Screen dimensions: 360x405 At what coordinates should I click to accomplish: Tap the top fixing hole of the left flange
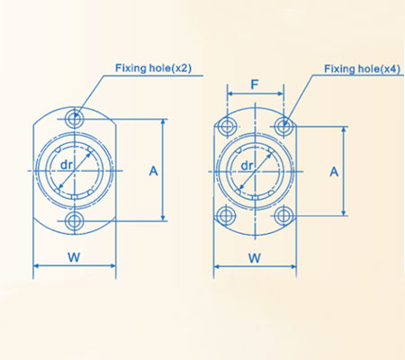(x=74, y=118)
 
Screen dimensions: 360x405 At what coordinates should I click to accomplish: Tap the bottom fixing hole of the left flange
(x=74, y=220)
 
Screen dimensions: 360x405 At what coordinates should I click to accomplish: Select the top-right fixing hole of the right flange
(x=283, y=124)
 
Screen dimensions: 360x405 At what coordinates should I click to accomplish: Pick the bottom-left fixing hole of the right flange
(x=226, y=214)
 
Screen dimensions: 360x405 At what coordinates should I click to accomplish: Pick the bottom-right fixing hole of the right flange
(x=283, y=214)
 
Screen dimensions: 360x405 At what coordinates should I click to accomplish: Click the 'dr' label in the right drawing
(x=247, y=166)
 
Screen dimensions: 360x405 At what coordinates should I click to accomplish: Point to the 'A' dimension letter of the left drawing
(x=153, y=169)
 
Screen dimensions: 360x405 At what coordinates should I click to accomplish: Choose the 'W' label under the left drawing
(x=74, y=257)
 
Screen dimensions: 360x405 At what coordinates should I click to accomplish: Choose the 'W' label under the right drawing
(x=255, y=257)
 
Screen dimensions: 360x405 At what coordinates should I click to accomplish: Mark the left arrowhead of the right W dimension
(x=217, y=266)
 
